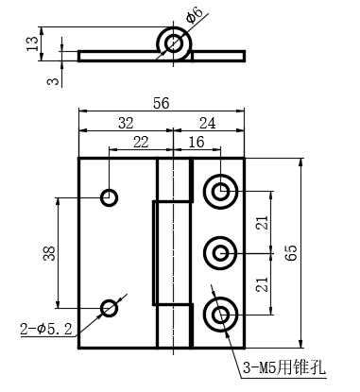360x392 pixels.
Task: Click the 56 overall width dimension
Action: (162, 103)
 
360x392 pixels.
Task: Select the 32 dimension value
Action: (126, 123)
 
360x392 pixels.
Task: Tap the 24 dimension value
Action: (208, 123)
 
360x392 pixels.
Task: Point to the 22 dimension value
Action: (141, 142)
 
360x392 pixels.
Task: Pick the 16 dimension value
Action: (197, 142)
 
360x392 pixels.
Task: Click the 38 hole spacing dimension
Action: (49, 253)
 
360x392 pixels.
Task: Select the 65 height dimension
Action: (291, 253)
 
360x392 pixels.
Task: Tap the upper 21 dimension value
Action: (262, 223)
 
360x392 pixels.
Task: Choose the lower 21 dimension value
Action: (262, 284)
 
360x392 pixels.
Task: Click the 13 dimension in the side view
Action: (32, 43)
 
